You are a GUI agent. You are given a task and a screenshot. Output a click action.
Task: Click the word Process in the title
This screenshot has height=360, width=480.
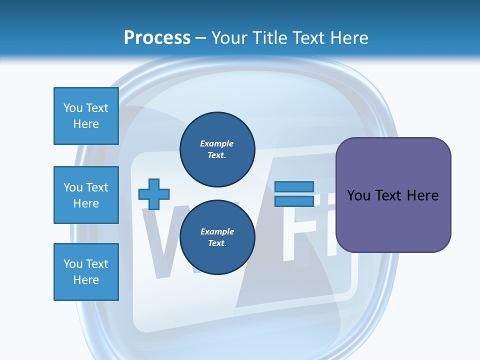[157, 38]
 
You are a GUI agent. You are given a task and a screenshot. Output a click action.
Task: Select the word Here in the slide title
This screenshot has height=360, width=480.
[346, 38]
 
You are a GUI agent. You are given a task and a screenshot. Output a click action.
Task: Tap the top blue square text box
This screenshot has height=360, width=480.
[86, 116]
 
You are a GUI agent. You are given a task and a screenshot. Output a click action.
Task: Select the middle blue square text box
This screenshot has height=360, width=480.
[86, 195]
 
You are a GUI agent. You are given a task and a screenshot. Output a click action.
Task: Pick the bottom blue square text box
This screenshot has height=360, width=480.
[86, 272]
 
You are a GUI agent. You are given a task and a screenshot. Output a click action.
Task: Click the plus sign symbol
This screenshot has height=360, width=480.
[154, 194]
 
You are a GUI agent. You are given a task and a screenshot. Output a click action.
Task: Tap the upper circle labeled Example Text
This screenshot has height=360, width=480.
[217, 149]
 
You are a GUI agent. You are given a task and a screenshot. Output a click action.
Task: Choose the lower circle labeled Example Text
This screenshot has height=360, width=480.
[217, 237]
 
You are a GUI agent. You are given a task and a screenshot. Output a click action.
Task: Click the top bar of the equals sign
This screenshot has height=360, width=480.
[294, 186]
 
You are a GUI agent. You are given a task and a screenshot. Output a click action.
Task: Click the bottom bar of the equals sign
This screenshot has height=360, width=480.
[294, 201]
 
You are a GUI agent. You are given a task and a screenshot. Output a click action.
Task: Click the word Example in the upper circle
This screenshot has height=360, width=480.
[217, 143]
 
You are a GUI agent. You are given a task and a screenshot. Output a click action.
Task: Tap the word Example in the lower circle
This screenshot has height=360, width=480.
[217, 231]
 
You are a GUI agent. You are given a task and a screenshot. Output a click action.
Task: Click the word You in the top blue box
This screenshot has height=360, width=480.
[73, 108]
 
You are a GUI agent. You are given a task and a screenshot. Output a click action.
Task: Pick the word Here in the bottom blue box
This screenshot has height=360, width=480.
[86, 280]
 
